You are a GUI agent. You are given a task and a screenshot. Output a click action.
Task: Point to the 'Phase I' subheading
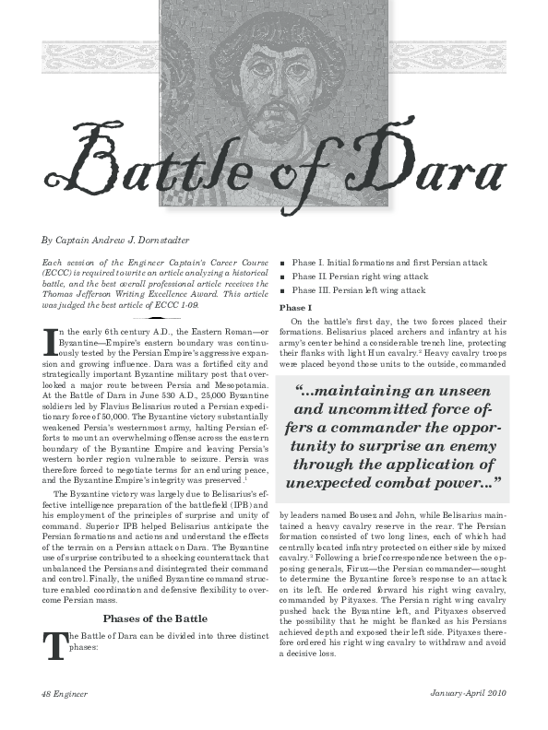coord(296,306)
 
